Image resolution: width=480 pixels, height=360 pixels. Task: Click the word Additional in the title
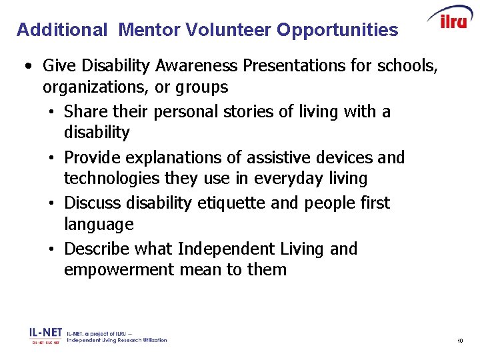pyautogui.click(x=61, y=30)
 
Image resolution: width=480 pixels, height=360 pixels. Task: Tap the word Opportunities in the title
pyautogui.click(x=337, y=30)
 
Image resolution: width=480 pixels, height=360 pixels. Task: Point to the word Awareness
pyautogui.click(x=197, y=66)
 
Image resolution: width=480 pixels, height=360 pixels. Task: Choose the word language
pyautogui.click(x=99, y=225)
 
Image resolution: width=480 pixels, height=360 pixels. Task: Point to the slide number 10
pyautogui.click(x=460, y=341)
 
